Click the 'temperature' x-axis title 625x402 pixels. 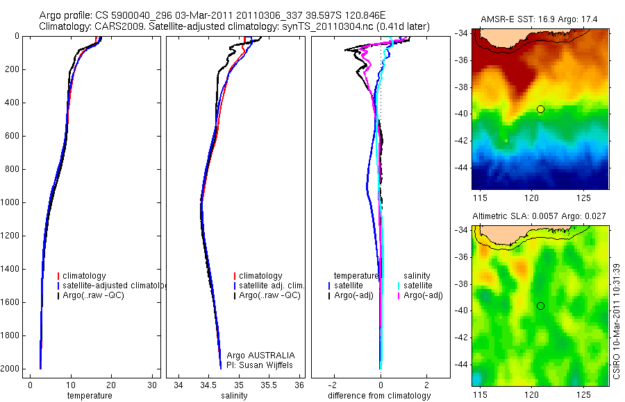[x=90, y=396]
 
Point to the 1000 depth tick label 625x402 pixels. [x=10, y=202]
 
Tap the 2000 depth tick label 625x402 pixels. [x=10, y=369]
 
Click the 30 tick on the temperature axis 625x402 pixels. [x=153, y=385]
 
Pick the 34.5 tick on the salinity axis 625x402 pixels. [x=208, y=385]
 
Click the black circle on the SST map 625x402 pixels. [x=540, y=110]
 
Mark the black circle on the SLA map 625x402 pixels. [x=540, y=306]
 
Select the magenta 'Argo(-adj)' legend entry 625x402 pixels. [x=423, y=295]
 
